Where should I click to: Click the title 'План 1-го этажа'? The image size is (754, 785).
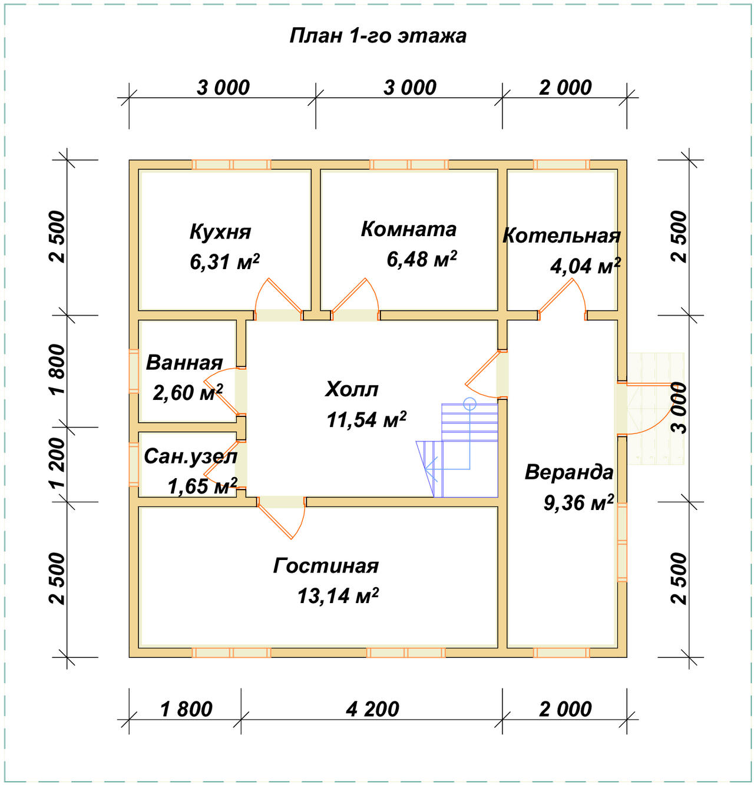[378, 36]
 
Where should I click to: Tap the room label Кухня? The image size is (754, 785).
[220, 232]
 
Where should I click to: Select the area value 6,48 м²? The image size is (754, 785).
[422, 259]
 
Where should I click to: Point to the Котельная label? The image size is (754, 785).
[561, 236]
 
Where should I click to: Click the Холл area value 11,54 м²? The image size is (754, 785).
[366, 419]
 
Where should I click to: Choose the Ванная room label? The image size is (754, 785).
[184, 363]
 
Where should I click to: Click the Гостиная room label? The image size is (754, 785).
[326, 565]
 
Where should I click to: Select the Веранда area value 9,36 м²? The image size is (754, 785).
[578, 503]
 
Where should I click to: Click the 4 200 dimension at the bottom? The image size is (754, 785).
[372, 709]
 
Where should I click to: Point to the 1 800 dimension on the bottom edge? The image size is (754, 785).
[186, 709]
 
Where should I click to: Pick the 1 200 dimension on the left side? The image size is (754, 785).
[58, 463]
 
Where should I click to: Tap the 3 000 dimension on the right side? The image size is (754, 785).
[680, 408]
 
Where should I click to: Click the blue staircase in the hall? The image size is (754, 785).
[458, 450]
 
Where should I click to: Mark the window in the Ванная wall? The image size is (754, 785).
[134, 371]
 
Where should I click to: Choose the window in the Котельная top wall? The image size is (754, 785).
[561, 164]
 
